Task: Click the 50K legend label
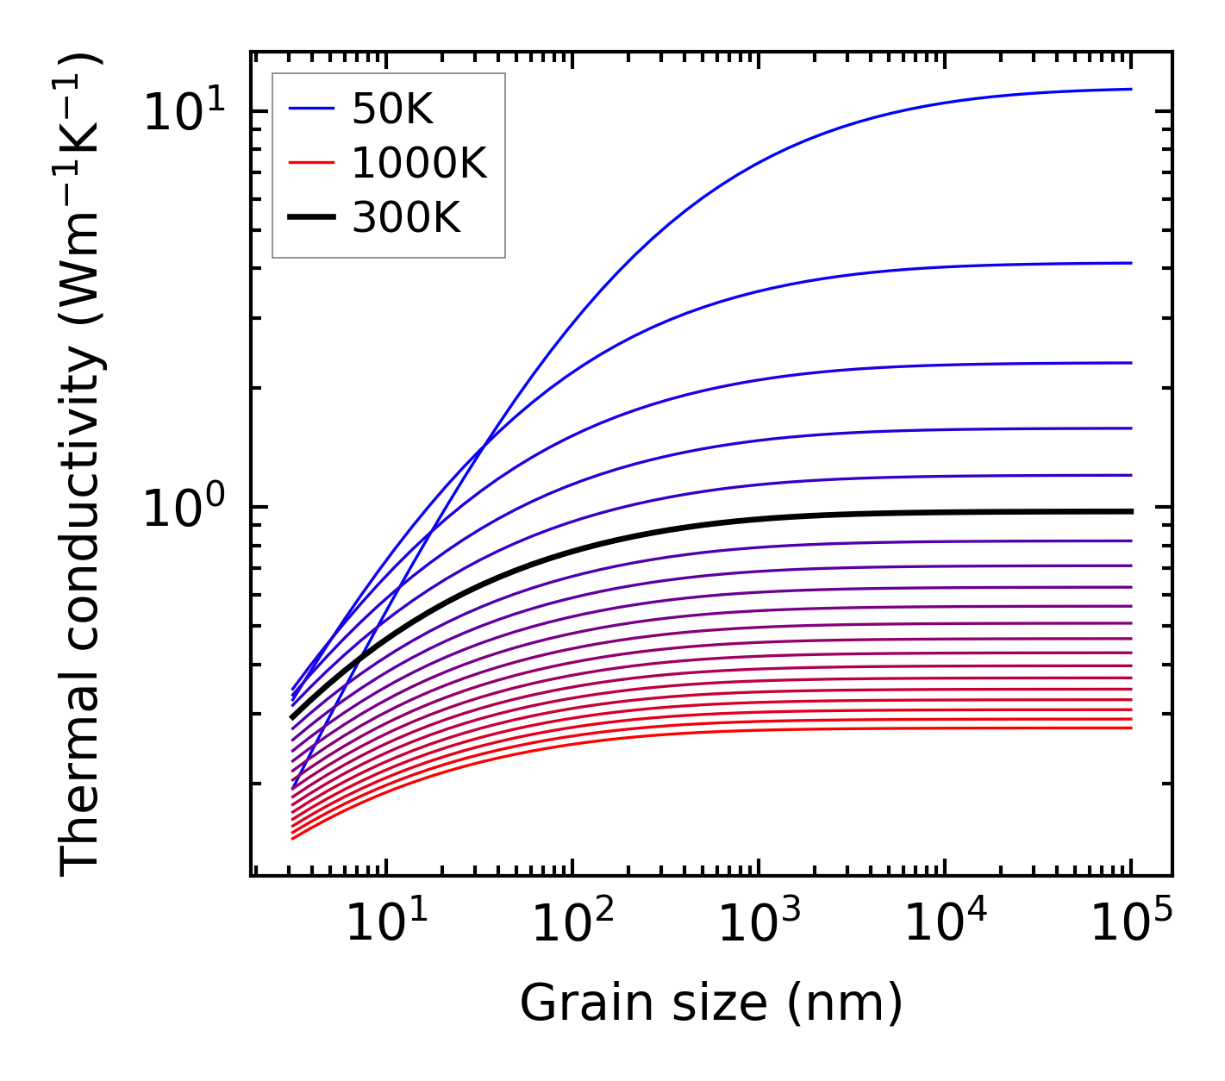(x=392, y=109)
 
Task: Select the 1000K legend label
(x=419, y=163)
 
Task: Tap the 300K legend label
(x=406, y=218)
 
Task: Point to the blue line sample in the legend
(x=311, y=109)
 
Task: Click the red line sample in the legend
(x=311, y=163)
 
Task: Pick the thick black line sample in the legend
(x=311, y=218)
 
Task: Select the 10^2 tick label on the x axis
(x=572, y=926)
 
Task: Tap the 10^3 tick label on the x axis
(x=759, y=926)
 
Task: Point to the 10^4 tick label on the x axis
(x=945, y=926)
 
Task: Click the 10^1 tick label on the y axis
(x=184, y=113)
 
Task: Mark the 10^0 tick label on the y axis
(x=184, y=509)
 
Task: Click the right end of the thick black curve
(x=1130, y=511)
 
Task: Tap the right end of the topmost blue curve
(x=1130, y=89)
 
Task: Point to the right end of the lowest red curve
(x=1130, y=728)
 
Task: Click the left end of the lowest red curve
(x=293, y=838)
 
